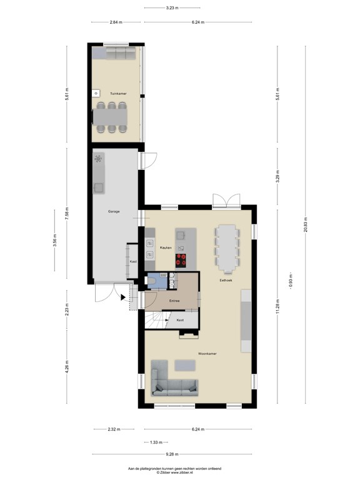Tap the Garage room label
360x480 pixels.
114,212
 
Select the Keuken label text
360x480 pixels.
166,248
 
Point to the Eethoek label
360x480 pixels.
226,280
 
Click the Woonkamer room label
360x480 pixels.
207,354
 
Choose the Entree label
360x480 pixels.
174,301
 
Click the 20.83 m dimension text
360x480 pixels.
306,227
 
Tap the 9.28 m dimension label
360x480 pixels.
171,454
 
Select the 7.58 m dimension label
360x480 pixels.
67,214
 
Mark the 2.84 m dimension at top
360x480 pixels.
115,22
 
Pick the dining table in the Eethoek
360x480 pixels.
226,248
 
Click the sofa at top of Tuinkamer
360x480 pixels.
119,54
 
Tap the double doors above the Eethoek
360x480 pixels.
226,200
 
